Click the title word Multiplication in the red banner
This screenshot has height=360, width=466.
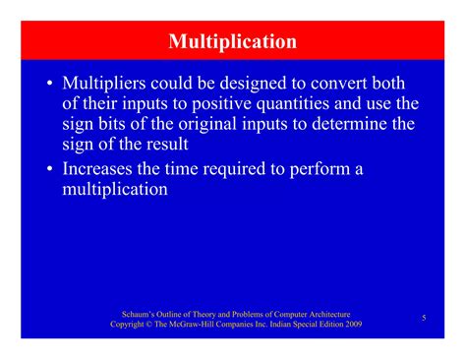tap(232, 42)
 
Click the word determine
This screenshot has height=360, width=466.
tap(348, 125)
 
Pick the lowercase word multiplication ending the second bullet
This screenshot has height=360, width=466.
tap(116, 190)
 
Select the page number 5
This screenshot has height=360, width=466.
tap(423, 318)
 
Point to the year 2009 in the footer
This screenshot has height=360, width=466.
tap(352, 324)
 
